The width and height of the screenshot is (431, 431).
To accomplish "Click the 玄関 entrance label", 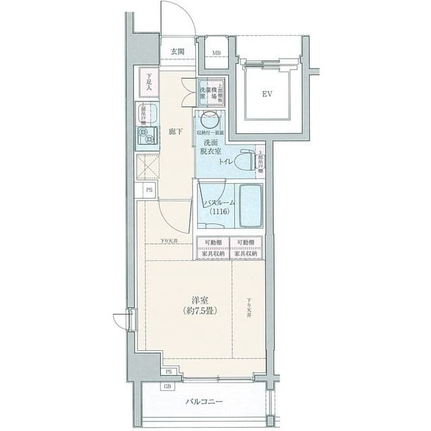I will [x=178, y=52].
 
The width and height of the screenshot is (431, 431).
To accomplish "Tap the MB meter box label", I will [x=218, y=53].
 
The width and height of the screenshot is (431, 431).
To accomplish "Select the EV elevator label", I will [x=267, y=94].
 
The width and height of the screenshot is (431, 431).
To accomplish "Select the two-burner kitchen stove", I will [x=147, y=138].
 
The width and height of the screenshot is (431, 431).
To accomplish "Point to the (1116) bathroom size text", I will [x=220, y=212].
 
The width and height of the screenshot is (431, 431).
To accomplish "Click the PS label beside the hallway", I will [x=147, y=191].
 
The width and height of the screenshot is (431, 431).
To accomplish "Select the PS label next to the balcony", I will [x=170, y=372].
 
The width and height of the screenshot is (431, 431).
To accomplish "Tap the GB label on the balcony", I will [x=166, y=387].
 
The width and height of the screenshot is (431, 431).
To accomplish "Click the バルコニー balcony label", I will [x=205, y=403].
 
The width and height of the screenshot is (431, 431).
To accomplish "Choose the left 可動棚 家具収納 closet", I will [x=212, y=247].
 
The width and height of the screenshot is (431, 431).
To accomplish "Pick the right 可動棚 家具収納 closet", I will [x=246, y=247].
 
